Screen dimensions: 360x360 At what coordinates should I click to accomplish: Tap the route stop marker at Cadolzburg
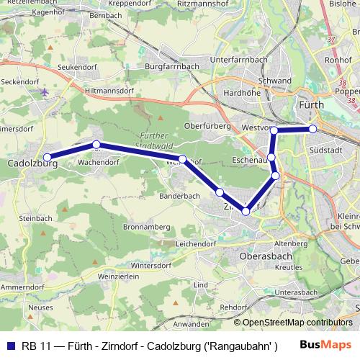(48, 157)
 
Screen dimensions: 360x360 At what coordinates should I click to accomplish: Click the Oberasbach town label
(264, 255)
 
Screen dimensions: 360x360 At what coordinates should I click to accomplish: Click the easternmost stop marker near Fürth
(313, 129)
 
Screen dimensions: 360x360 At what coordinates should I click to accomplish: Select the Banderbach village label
(180, 196)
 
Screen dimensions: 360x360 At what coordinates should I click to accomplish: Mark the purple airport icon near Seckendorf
(45, 92)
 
